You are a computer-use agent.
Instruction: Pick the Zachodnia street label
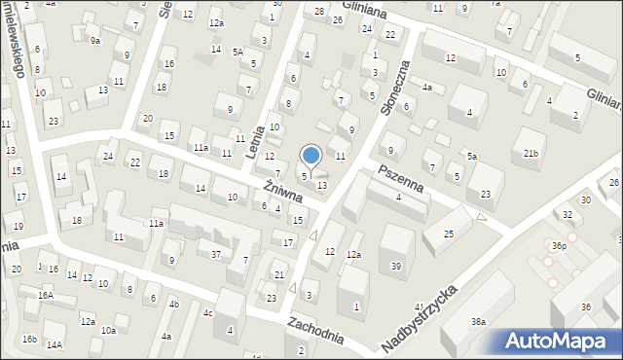point(315,331)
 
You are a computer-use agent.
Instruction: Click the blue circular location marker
point(311,155)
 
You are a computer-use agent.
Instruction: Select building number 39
point(395,266)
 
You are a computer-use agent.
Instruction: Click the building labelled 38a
point(478,320)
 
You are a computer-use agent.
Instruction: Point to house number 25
point(450,234)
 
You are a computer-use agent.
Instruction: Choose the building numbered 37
point(216,254)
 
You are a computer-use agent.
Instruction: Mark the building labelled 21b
point(531,154)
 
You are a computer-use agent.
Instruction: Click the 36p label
point(558,246)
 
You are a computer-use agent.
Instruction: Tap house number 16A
point(45,294)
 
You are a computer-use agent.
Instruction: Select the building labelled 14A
point(55,344)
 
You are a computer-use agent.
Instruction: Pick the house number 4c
point(207,312)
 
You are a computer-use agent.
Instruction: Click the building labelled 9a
point(94,41)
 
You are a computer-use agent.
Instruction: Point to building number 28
point(319,11)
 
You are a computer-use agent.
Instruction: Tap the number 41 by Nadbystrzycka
point(419,306)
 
